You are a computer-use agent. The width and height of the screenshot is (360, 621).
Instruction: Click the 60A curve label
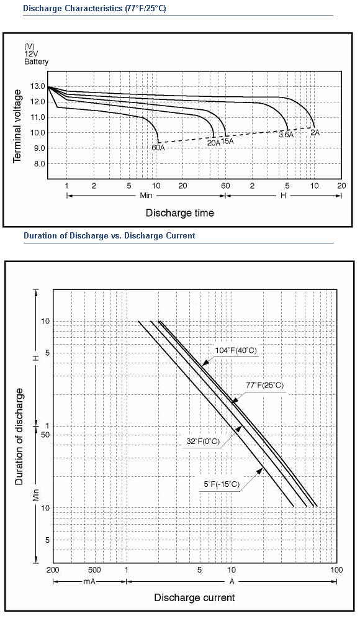pyautogui.click(x=158, y=148)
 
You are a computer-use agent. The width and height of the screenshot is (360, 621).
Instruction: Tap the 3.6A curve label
pyautogui.click(x=286, y=135)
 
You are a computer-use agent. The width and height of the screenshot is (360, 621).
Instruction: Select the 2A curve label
pyautogui.click(x=315, y=133)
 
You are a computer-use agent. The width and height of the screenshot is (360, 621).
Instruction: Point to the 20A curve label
pyautogui.click(x=214, y=143)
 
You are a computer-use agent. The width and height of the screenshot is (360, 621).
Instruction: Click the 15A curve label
pyautogui.click(x=227, y=140)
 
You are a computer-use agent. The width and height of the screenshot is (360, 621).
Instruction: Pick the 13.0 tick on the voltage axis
pyautogui.click(x=37, y=86)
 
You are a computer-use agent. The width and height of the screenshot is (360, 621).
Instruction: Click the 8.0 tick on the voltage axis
pyautogui.click(x=39, y=163)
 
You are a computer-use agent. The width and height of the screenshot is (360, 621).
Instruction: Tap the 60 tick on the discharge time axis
pyautogui.click(x=225, y=186)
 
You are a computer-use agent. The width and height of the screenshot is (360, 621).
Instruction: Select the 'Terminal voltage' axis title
pyautogui.click(x=17, y=126)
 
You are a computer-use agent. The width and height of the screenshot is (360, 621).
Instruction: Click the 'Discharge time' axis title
pyautogui.click(x=180, y=213)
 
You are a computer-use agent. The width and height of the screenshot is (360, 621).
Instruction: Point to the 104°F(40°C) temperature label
pyautogui.click(x=236, y=350)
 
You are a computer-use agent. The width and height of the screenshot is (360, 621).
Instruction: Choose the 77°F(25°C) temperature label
pyautogui.click(x=265, y=385)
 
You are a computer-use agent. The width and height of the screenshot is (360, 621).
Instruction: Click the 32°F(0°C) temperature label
pyautogui.click(x=203, y=441)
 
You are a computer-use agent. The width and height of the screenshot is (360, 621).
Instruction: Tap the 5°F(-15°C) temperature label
pyautogui.click(x=222, y=484)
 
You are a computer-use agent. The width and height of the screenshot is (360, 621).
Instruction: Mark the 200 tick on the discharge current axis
pyautogui.click(x=53, y=570)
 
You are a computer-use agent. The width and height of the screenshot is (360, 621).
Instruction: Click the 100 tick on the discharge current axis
pyautogui.click(x=336, y=570)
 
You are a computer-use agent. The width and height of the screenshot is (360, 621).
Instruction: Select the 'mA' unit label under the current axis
pyautogui.click(x=89, y=581)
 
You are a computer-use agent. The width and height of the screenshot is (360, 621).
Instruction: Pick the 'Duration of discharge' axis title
pyautogui.click(x=19, y=437)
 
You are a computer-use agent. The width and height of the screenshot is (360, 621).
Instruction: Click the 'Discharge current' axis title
pyautogui.click(x=194, y=597)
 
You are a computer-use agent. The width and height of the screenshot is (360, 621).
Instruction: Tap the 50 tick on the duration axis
pyautogui.click(x=45, y=435)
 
